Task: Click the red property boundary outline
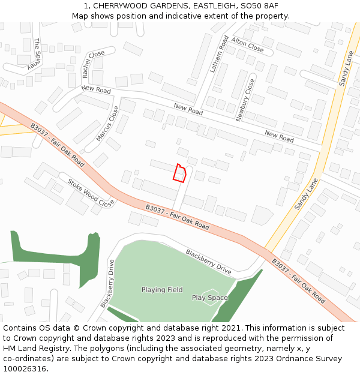point(179,172)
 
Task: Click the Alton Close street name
point(247,44)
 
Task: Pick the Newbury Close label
point(245,100)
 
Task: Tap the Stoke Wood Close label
point(91,193)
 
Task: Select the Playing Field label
point(162,290)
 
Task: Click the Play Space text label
point(209,298)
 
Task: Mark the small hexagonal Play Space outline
point(211,298)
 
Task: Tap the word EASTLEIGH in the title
point(212,5)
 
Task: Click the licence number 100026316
point(24,369)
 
